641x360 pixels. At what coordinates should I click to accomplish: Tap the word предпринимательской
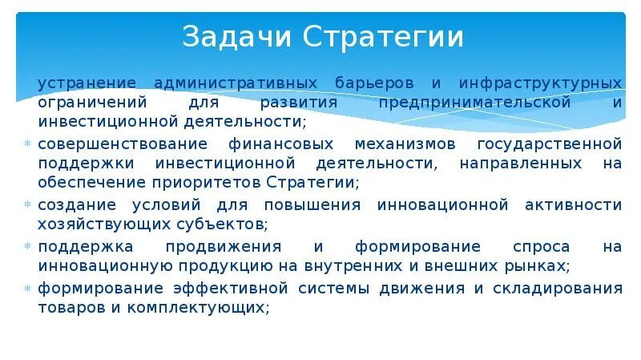tap(475, 103)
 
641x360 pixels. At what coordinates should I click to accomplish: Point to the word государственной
tap(550, 144)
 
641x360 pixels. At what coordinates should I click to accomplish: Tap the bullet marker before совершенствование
tap(29, 145)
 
